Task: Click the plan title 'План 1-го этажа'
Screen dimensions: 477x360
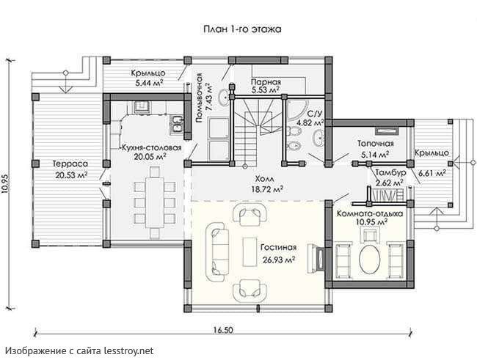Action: click(242, 29)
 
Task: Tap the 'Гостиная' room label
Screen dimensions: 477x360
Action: click(278, 248)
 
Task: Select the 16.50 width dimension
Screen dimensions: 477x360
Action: click(223, 330)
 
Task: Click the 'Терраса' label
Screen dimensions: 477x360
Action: click(70, 164)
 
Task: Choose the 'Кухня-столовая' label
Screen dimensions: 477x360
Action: click(152, 148)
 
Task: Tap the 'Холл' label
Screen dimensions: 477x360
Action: click(265, 178)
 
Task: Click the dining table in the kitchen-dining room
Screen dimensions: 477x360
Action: click(155, 202)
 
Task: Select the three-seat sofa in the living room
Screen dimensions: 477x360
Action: click(216, 251)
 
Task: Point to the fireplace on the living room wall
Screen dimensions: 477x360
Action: click(316, 258)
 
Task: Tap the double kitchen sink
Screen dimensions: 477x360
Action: click(177, 124)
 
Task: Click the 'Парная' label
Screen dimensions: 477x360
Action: click(266, 82)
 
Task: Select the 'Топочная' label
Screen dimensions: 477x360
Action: click(376, 143)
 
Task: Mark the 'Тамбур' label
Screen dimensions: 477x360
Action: click(390, 172)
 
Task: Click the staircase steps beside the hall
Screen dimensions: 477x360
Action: click(245, 142)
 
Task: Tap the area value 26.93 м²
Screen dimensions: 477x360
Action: click(278, 260)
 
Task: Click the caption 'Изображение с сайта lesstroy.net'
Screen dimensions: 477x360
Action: click(79, 350)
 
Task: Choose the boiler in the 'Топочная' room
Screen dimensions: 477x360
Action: click(387, 131)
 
